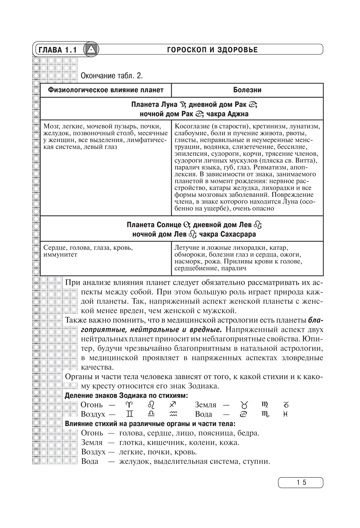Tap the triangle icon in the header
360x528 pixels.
pos(91,50)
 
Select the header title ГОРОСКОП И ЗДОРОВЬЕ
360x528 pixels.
pos(212,50)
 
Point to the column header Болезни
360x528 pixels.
pos(247,90)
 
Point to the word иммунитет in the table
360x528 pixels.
pos(60,255)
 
